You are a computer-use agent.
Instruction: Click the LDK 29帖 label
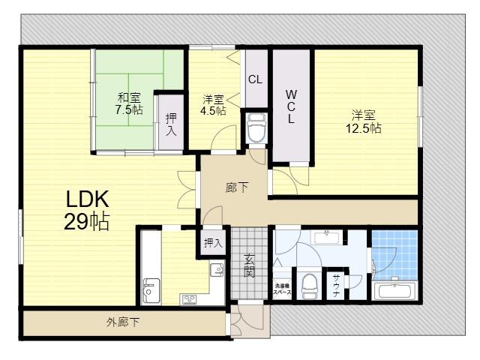click(x=87, y=211)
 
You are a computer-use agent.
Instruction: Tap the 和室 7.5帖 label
click(x=129, y=103)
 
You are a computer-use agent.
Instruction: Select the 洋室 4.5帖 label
click(x=213, y=105)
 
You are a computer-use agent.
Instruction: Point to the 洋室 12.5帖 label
click(x=364, y=121)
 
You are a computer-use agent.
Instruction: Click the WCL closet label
click(x=291, y=106)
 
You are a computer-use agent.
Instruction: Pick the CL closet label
click(x=255, y=79)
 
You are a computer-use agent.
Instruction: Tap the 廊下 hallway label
click(x=237, y=187)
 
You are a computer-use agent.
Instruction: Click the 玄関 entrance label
click(x=250, y=265)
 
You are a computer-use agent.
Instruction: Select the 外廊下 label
click(x=123, y=322)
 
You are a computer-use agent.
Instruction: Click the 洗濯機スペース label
click(x=282, y=289)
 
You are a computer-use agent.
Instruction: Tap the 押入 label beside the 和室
click(x=171, y=124)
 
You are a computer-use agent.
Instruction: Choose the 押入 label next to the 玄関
click(x=213, y=243)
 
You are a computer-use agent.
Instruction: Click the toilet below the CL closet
click(x=256, y=128)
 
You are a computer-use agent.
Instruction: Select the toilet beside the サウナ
click(x=309, y=286)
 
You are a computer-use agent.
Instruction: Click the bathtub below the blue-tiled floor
click(x=394, y=290)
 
